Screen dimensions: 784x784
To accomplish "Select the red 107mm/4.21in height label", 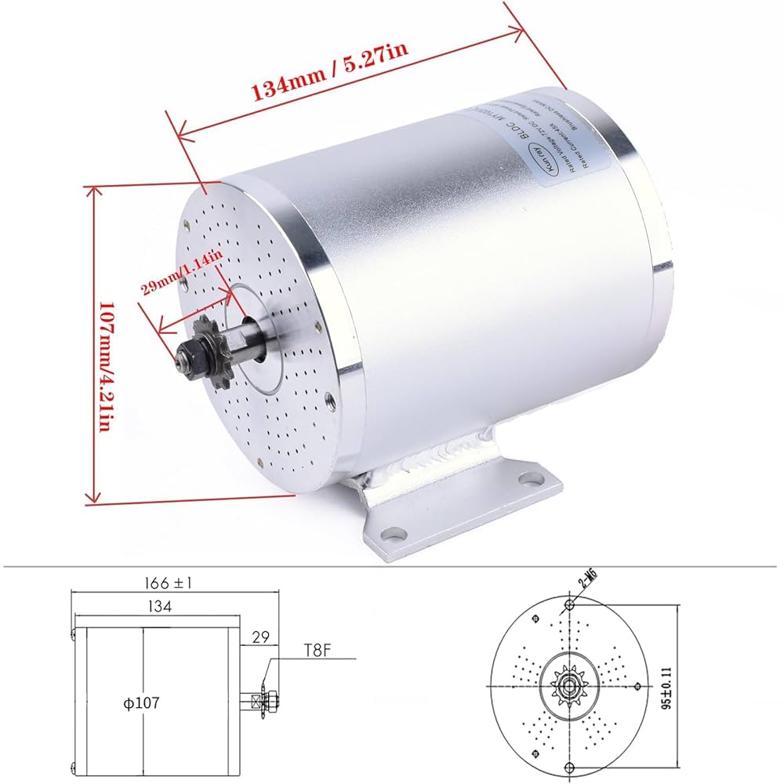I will click(x=109, y=345).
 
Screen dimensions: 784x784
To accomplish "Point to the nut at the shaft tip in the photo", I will click(x=188, y=359).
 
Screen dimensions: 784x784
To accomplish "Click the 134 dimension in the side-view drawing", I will click(x=157, y=606).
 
